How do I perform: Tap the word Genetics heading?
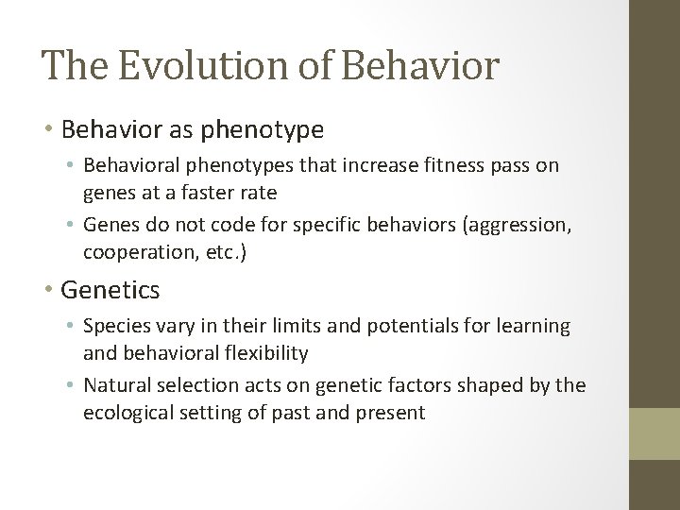(x=110, y=289)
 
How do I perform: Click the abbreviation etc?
(x=216, y=252)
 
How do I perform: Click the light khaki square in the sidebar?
(x=654, y=433)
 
